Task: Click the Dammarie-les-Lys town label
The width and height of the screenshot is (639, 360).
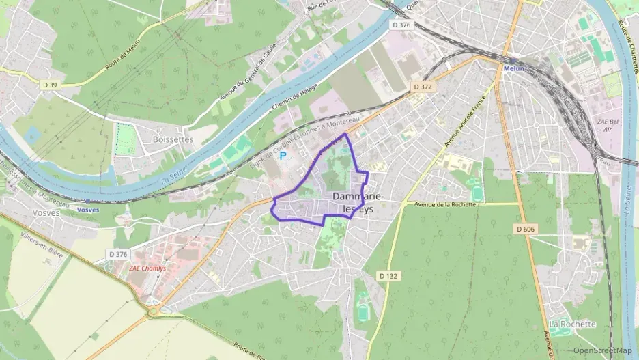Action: (358, 202)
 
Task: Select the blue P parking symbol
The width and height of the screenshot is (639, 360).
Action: (282, 156)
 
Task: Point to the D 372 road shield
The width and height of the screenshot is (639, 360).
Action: (423, 87)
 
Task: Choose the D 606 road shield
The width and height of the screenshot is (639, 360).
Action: (525, 229)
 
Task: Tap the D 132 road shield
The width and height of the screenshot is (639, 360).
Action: (388, 275)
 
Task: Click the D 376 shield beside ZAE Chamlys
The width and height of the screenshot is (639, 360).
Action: (117, 254)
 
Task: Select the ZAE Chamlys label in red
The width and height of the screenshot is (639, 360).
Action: (148, 268)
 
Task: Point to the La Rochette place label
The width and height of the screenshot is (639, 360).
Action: (572, 324)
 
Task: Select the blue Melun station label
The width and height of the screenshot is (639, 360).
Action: (513, 68)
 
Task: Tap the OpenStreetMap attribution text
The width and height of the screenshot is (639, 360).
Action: (601, 350)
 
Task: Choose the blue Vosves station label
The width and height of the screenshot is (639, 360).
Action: (88, 210)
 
